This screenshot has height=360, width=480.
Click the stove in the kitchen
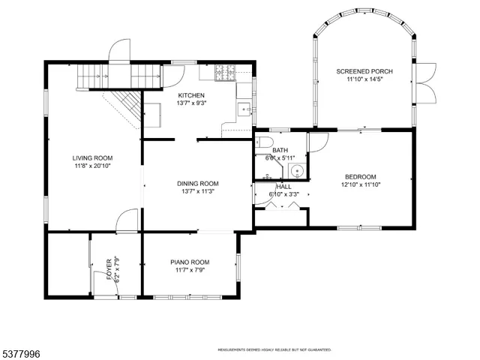point(224,73)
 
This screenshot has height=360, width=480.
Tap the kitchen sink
point(244,110)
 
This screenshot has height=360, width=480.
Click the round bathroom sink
point(297,171)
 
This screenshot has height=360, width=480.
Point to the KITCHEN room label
point(191,95)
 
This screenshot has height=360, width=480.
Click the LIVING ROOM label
point(92,157)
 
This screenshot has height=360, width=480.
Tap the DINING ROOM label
point(198,183)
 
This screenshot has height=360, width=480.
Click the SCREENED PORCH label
point(364,71)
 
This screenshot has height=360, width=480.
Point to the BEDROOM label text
point(361,176)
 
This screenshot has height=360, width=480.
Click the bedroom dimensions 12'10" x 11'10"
point(361,184)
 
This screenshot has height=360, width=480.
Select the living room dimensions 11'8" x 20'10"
point(92,166)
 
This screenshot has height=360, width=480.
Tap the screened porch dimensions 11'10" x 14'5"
point(364,79)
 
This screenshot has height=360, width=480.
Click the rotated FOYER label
point(109,268)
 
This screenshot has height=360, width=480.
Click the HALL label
point(284,187)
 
